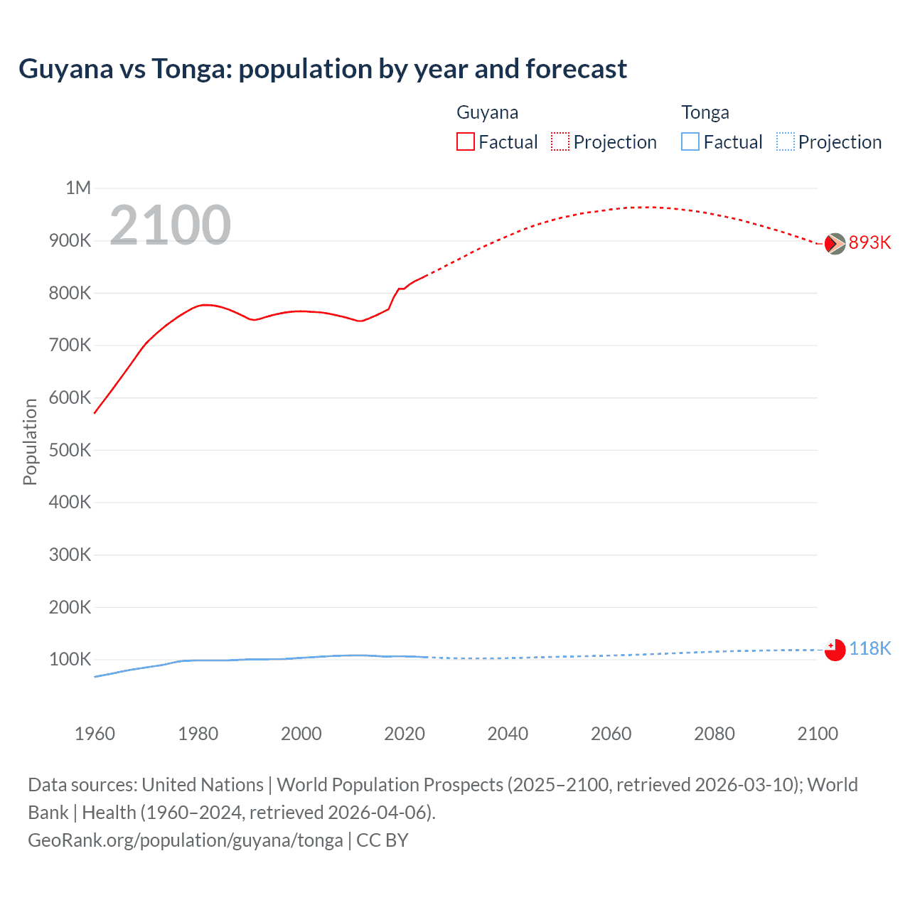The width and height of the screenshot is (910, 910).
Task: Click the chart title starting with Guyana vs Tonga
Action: pos(323,69)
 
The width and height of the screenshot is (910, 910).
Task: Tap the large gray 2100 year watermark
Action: pos(170,225)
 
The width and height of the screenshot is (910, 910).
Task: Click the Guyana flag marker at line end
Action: pos(835,244)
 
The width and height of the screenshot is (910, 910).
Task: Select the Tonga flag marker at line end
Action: pos(835,650)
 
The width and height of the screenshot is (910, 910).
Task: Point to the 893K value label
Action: pos(869,243)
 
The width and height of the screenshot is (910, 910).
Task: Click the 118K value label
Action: pos(869,648)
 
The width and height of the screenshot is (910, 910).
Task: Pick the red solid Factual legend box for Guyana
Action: pos(466,142)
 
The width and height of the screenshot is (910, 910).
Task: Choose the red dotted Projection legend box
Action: pos(560,142)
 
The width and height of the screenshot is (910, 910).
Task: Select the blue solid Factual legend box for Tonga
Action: pos(690,142)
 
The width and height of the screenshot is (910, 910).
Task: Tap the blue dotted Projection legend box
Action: pos(786,142)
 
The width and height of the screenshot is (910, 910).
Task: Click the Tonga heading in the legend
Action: pos(705,112)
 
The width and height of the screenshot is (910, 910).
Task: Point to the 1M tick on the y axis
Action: pos(78,188)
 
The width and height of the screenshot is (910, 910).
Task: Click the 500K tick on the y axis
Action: pos(70,450)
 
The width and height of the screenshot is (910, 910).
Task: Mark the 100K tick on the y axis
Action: pos(70,660)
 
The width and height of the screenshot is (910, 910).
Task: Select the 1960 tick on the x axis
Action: pos(95,734)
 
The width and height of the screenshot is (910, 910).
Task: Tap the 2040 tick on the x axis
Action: pos(508,734)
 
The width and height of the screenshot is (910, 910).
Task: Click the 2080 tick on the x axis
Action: pos(714,734)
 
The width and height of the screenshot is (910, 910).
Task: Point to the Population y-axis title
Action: pos(30,441)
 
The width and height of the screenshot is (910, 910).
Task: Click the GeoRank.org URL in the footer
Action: pos(186,840)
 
